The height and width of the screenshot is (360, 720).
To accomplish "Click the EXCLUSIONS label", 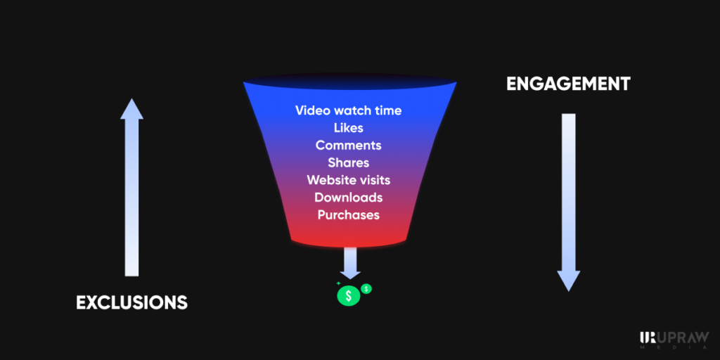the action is [131, 302].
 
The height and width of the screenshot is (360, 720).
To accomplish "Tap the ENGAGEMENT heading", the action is [568, 84].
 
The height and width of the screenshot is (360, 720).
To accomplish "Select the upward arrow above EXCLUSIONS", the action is [131, 187].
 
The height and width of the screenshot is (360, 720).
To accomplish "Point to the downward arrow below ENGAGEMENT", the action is [568, 202].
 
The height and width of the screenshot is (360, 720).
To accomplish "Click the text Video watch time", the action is [349, 110].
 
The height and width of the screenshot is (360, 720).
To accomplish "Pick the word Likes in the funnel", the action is [349, 128].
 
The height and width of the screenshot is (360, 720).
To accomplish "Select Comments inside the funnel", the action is [349, 145].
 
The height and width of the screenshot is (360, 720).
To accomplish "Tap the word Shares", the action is [349, 162].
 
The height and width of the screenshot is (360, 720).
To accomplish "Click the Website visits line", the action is [349, 179].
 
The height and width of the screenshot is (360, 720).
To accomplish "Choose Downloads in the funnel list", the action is [349, 197].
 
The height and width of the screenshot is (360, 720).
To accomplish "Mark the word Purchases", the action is [349, 214].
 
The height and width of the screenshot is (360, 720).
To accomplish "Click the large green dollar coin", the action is [349, 296].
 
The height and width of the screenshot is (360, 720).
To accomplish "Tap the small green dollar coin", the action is [366, 289].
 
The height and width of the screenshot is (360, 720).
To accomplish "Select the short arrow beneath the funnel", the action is [349, 263].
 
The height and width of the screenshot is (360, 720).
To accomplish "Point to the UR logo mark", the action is [648, 337].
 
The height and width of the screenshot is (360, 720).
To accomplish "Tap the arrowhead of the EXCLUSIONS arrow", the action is [131, 109].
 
